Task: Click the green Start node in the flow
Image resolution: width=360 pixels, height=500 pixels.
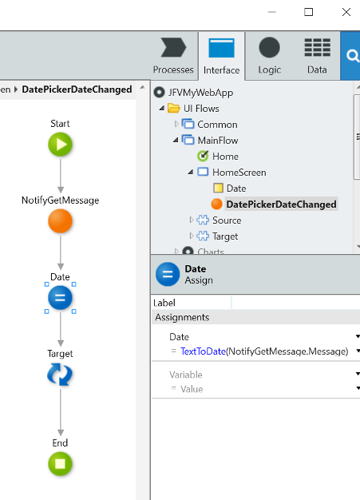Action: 60,145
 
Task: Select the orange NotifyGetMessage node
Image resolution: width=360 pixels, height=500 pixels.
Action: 60,221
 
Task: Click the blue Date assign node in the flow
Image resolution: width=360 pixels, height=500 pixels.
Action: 60,298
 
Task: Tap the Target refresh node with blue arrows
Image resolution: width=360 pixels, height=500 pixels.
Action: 60,375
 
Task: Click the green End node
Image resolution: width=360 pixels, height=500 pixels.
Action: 60,463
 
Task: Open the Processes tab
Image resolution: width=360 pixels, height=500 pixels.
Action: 173,56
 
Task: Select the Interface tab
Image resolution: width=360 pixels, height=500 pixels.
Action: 221,57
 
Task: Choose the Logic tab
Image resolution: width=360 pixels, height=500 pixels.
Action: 270,56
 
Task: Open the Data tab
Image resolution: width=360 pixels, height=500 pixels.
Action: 317,56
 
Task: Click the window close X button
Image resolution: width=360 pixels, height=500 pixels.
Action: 346,12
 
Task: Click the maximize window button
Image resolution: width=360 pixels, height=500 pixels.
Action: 308,12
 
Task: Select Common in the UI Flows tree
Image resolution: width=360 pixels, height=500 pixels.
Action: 217,125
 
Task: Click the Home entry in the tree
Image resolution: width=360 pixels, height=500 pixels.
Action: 225,157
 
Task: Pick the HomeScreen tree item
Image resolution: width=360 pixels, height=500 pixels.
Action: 239,173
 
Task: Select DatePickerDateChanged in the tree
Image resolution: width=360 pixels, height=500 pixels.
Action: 281,204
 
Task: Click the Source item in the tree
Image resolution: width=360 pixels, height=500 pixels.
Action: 227,220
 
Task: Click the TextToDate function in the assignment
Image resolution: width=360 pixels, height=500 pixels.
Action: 203,351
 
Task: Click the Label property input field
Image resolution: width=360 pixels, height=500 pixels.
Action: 295,303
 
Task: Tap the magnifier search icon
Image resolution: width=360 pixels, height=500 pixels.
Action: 352,56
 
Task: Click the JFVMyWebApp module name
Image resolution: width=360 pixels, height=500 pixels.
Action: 200,93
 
